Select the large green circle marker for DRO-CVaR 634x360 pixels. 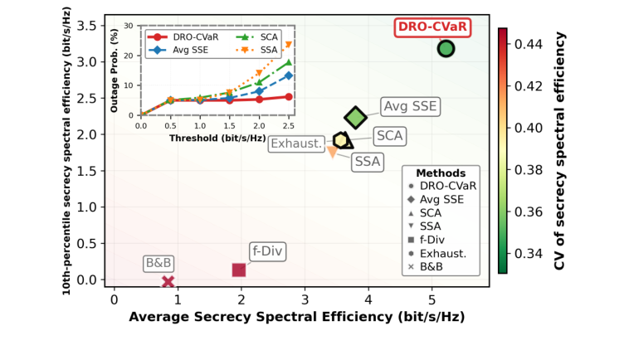click(x=446, y=49)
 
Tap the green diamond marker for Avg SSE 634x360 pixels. click(x=355, y=119)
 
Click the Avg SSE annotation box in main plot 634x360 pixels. click(x=410, y=106)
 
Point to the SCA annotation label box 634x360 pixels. click(x=389, y=135)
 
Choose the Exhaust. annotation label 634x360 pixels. click(x=296, y=144)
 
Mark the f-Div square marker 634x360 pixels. click(x=239, y=270)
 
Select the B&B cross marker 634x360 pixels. click(x=168, y=282)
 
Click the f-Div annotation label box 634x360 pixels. click(x=266, y=251)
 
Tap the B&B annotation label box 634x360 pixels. click(x=158, y=264)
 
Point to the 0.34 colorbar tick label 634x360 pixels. click(x=529, y=254)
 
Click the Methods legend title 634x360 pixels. click(x=443, y=173)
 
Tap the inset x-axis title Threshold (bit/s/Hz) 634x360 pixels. click(x=217, y=139)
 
